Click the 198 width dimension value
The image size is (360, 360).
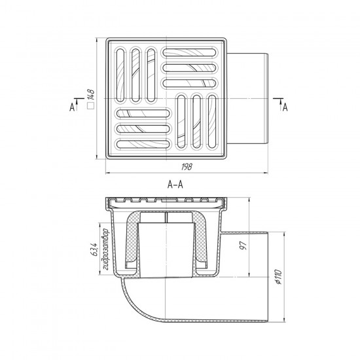coord(187,167)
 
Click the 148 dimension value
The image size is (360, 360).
coord(91,95)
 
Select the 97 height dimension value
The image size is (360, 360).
coord(243,245)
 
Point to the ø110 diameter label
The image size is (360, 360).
coord(278,277)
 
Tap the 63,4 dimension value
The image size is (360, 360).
coord(95,249)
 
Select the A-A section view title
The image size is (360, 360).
coord(175,185)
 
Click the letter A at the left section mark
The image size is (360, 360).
coord(72,107)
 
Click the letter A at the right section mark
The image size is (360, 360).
coord(285,107)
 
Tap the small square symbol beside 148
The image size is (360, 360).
coord(91,105)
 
